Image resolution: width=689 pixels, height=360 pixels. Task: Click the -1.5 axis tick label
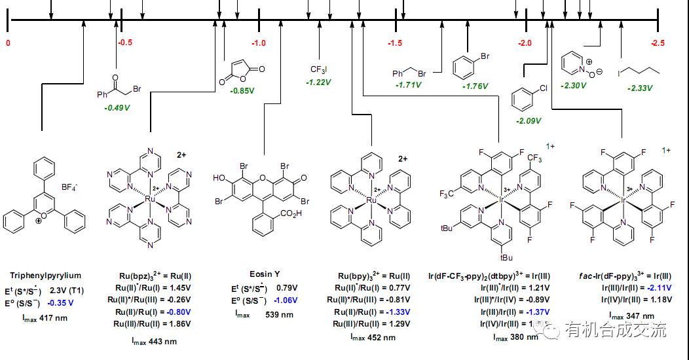[x=395, y=43]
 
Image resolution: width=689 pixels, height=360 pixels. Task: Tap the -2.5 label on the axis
[x=658, y=43]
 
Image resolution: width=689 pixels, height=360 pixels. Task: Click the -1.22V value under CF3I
[x=318, y=82]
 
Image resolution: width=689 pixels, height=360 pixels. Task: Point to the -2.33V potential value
[x=640, y=88]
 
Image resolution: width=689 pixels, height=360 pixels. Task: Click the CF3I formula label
[x=318, y=69]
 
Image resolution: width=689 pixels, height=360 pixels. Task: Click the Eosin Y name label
[x=264, y=274]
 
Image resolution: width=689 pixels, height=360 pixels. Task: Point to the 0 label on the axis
[x=8, y=43]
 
